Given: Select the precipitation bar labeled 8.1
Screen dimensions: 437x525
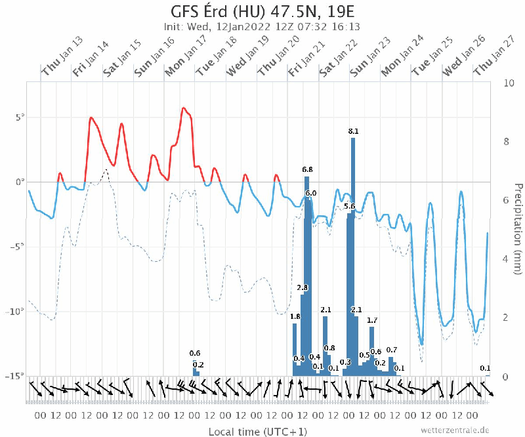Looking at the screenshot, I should point(353,256).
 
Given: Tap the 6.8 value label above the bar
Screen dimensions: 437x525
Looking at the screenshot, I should point(307,170).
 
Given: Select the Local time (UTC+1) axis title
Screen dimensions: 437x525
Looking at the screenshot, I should point(257,431).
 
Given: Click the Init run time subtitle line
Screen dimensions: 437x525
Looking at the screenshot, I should point(262,27).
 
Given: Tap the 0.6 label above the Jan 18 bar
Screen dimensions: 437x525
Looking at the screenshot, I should point(195,354).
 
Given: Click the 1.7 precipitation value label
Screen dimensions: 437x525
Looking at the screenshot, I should point(372,320).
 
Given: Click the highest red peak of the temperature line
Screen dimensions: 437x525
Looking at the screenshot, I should point(184,108).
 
